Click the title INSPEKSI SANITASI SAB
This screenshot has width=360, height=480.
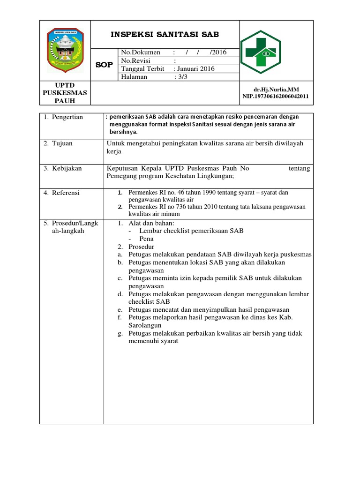165,35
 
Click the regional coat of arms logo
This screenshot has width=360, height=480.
65,50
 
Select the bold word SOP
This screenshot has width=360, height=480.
104,65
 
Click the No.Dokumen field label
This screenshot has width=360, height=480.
141,52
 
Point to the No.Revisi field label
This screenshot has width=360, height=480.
139,60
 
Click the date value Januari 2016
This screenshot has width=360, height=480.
195,69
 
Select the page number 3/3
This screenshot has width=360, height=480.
182,77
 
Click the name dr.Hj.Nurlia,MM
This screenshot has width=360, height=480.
276,90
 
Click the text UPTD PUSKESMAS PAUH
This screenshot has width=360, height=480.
65,93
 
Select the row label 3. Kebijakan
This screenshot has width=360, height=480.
62,168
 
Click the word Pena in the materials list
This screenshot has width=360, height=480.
147,239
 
